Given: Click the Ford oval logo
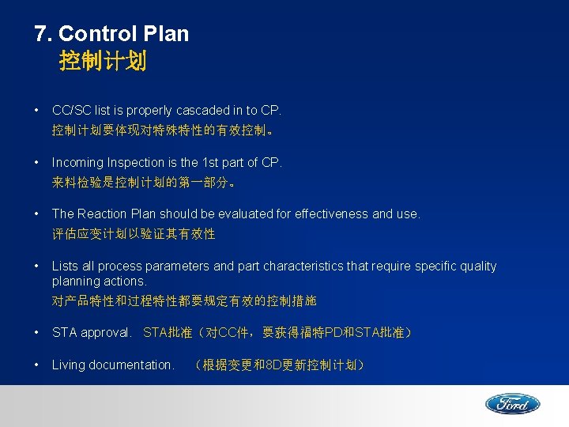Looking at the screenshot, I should click(512, 404).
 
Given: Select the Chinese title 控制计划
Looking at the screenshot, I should click(103, 62).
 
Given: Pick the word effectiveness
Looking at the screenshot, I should click(328, 213).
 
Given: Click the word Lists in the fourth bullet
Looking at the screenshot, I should click(65, 266).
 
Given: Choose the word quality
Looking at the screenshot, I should click(477, 266).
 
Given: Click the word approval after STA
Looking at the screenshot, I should click(105, 333).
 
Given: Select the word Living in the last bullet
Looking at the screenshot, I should click(68, 365).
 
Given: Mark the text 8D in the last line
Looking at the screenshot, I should click(275, 365).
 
